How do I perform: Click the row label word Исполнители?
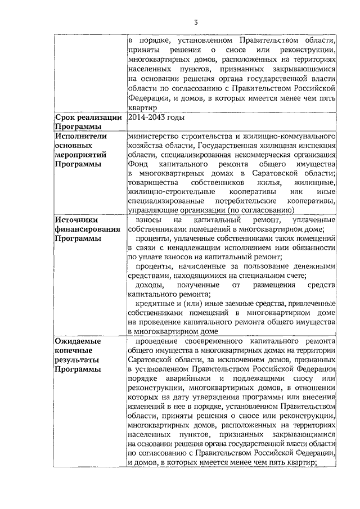tap(81, 136)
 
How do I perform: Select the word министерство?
tap(154, 136)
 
